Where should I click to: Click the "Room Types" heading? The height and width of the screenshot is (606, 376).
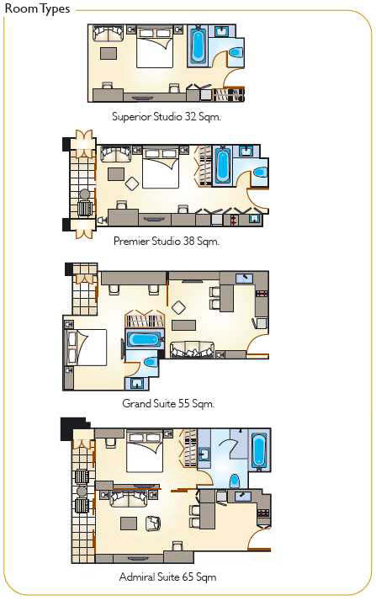tap(37, 8)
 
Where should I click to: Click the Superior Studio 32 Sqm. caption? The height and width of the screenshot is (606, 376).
tap(167, 116)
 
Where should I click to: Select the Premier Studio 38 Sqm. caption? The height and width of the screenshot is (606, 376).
tap(167, 242)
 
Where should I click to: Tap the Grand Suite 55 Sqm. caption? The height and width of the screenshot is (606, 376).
tap(168, 403)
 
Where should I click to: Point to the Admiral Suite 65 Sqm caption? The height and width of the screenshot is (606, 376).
tap(167, 577)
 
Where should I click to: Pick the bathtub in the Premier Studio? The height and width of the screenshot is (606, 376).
tap(223, 166)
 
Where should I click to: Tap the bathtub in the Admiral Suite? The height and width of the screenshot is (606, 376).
tap(258, 450)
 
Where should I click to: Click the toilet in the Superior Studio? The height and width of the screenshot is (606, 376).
tap(236, 52)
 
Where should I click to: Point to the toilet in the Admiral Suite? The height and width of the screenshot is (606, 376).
tap(234, 481)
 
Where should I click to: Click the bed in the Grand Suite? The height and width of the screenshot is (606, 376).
tap(86, 348)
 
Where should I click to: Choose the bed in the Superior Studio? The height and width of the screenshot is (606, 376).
tap(155, 47)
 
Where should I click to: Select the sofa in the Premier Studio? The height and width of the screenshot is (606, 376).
tap(115, 154)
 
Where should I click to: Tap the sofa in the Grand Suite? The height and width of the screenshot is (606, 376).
tap(192, 349)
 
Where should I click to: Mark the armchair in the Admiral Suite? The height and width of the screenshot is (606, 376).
tap(152, 524)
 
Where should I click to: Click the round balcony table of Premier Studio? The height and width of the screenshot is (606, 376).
tap(84, 194)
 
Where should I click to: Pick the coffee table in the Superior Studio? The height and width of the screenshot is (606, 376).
tap(109, 53)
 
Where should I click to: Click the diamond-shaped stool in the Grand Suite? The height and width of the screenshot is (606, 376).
tap(178, 308)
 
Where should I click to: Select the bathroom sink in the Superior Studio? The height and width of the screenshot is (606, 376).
tap(222, 31)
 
